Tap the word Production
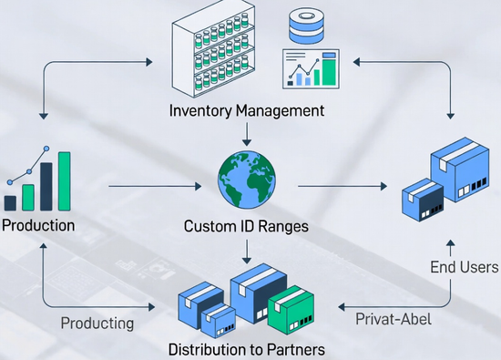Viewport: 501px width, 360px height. click(x=38, y=224)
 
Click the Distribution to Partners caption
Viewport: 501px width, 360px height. click(x=246, y=348)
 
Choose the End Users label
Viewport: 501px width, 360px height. click(x=465, y=267)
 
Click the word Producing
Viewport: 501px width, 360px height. click(x=97, y=323)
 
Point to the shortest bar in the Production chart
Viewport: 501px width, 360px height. click(x=10, y=202)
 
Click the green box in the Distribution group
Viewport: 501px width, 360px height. click(x=291, y=309)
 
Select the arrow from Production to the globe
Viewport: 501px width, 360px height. click(x=155, y=187)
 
